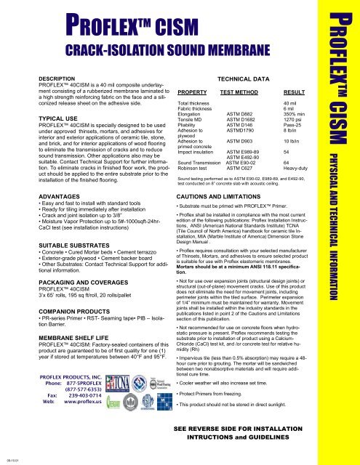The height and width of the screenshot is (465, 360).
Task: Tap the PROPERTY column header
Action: point(193,92)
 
